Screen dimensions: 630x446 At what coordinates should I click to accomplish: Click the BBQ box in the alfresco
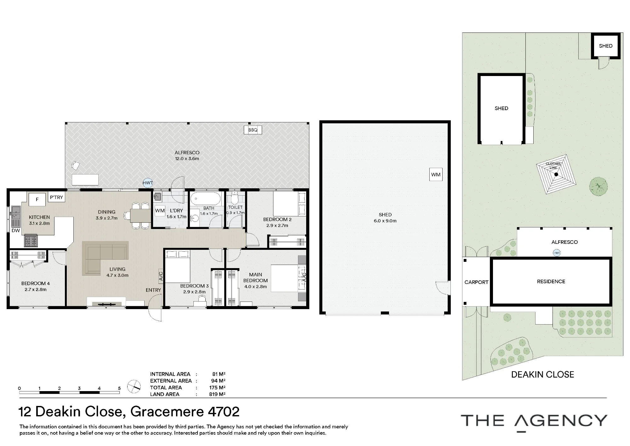(x=253, y=130)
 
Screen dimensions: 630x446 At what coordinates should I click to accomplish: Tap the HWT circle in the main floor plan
(x=147, y=183)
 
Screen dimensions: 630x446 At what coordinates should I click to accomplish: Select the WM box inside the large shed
(x=436, y=174)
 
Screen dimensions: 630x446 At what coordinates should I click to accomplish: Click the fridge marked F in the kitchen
(x=37, y=199)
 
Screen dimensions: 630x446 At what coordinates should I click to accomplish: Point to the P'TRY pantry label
(x=56, y=197)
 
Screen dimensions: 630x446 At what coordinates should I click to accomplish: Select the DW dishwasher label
(x=16, y=231)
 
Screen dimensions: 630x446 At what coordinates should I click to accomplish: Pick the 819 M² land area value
(x=217, y=394)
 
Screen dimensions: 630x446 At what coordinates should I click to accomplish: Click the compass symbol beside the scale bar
(x=134, y=386)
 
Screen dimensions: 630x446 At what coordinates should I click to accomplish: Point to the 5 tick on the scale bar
(x=119, y=388)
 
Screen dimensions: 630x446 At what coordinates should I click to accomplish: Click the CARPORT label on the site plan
(x=476, y=282)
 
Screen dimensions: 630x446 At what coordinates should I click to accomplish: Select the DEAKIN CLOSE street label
(x=542, y=375)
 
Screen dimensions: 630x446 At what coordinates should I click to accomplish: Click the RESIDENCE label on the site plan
(x=551, y=281)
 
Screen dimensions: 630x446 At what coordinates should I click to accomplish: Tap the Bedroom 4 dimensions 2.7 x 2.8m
(x=36, y=290)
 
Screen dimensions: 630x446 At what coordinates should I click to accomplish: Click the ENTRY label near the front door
(x=153, y=290)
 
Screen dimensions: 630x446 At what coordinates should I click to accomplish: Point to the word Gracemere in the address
(x=167, y=412)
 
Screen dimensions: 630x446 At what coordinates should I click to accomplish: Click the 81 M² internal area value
(x=219, y=374)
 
